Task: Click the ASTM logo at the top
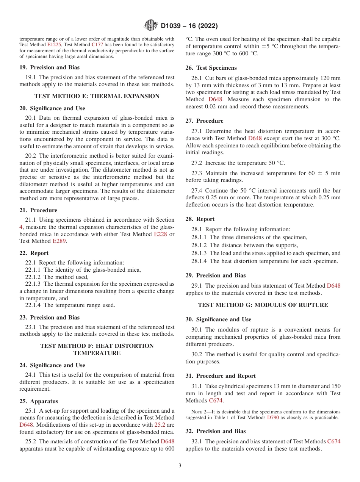[151, 26]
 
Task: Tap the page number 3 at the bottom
[180, 466]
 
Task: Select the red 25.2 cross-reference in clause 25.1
[160, 425]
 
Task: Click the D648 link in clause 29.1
[333, 286]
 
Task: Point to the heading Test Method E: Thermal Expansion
[97, 96]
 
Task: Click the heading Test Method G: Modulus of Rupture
[263, 305]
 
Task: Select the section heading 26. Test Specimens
[211, 68]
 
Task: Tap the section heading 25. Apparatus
[39, 401]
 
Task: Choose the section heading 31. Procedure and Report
[221, 376]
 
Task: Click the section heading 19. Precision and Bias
[50, 68]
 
